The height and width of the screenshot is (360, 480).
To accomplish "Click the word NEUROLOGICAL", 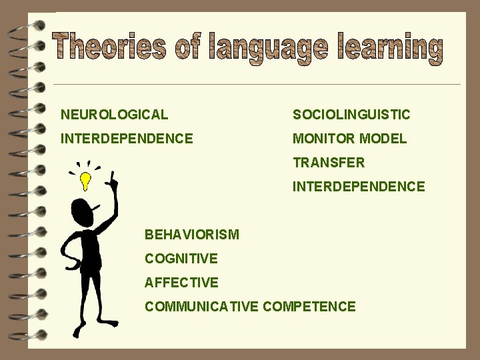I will point(114,115).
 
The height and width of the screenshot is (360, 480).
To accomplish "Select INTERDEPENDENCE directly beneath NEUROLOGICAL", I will point(127,139).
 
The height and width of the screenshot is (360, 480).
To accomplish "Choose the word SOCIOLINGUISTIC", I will point(351,115).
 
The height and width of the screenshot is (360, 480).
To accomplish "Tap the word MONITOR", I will point(323,139).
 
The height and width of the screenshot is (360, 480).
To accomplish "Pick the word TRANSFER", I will point(329,163).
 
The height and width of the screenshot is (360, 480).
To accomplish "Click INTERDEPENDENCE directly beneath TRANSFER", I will point(359,187).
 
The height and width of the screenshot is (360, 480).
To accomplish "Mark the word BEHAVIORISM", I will point(191,235).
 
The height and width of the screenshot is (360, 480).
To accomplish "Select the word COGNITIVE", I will point(181,259).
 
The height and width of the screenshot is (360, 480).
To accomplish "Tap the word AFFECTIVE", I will point(181,283).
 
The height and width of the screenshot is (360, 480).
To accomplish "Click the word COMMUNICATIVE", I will point(202,307).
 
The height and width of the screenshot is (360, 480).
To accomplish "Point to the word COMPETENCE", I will point(309,307).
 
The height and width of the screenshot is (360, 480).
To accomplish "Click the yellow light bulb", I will point(85,179).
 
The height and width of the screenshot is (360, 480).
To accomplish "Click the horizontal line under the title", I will point(257,85).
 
